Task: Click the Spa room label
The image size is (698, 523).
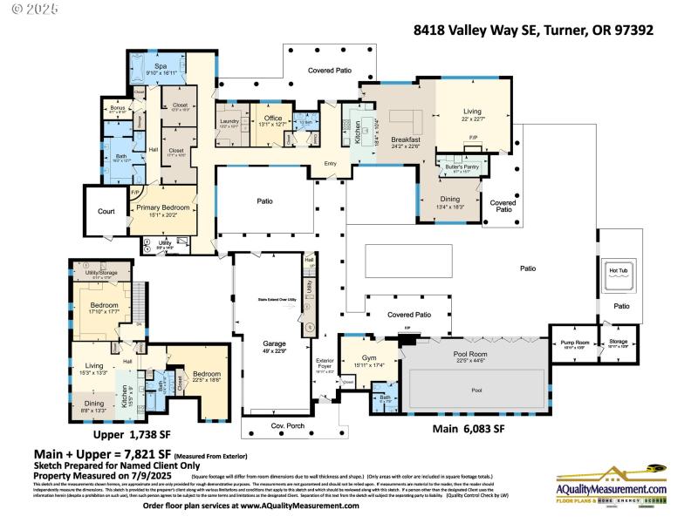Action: tap(161, 66)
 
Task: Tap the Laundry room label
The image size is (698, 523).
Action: tap(229, 121)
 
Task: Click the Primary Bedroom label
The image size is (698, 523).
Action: tap(162, 207)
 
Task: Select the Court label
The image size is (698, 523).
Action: tap(106, 211)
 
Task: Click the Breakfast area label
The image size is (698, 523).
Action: tap(406, 139)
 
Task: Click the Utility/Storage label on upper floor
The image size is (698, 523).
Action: tap(101, 274)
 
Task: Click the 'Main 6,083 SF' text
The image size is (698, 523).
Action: tap(469, 429)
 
